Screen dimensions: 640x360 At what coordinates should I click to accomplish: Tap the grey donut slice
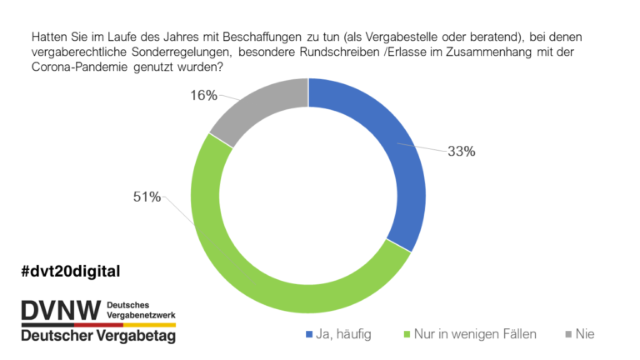point(261,107)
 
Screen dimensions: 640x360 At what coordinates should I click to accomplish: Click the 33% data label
point(461,152)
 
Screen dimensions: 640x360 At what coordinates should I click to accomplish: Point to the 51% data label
point(147,197)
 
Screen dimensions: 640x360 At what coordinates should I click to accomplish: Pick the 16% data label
point(203,96)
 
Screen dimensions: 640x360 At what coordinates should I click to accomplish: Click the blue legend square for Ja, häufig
point(309,334)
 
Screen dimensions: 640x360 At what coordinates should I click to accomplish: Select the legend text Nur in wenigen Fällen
point(475,334)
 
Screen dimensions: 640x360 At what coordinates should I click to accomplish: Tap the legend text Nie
point(585,334)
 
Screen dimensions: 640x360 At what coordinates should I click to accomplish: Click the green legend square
point(407,334)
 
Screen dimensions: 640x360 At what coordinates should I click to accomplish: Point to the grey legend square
point(568,334)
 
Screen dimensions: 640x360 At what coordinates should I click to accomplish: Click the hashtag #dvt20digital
point(71,272)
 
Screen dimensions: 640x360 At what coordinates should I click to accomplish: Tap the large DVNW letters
point(61,311)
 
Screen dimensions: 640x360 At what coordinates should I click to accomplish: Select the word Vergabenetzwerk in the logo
point(141,315)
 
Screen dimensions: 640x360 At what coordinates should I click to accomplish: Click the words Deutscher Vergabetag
point(98,336)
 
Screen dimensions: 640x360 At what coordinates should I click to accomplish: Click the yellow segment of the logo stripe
point(149,325)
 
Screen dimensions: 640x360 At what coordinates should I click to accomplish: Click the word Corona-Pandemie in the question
point(80,67)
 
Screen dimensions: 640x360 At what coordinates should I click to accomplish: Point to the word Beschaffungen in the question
point(262,37)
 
